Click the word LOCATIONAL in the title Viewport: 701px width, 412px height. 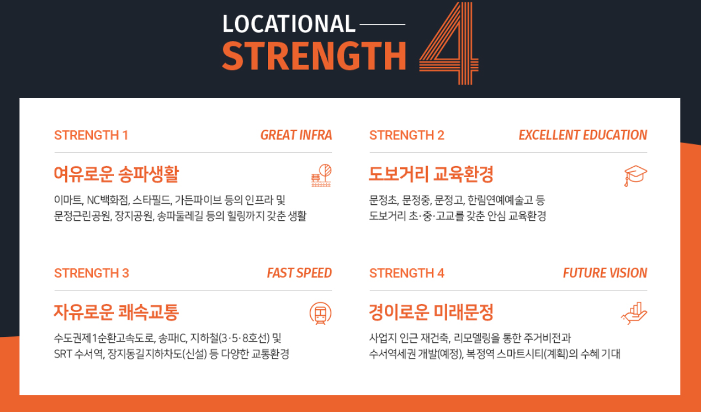click(x=289, y=24)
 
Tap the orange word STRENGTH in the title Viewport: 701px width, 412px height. click(x=314, y=56)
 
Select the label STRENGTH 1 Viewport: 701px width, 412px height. click(x=91, y=136)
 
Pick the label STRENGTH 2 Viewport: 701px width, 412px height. click(x=407, y=136)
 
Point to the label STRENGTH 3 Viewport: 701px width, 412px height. click(x=92, y=273)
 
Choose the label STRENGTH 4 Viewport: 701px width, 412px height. click(x=407, y=273)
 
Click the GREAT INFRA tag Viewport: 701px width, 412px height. click(x=296, y=136)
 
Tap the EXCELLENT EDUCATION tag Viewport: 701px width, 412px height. click(x=582, y=136)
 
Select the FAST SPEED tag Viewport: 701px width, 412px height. click(x=299, y=273)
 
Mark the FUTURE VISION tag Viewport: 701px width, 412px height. click(x=605, y=273)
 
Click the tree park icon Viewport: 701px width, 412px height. click(x=321, y=175)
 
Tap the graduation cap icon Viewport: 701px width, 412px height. click(x=635, y=175)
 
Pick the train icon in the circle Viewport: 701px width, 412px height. click(x=321, y=313)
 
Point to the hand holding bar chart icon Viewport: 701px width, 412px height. click(x=635, y=313)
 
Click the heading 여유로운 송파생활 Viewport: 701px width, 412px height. click(x=116, y=174)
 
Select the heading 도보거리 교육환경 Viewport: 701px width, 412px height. click(x=431, y=174)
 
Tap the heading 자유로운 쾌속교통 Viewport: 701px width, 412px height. click(x=116, y=312)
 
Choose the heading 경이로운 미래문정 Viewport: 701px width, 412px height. click(x=431, y=312)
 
